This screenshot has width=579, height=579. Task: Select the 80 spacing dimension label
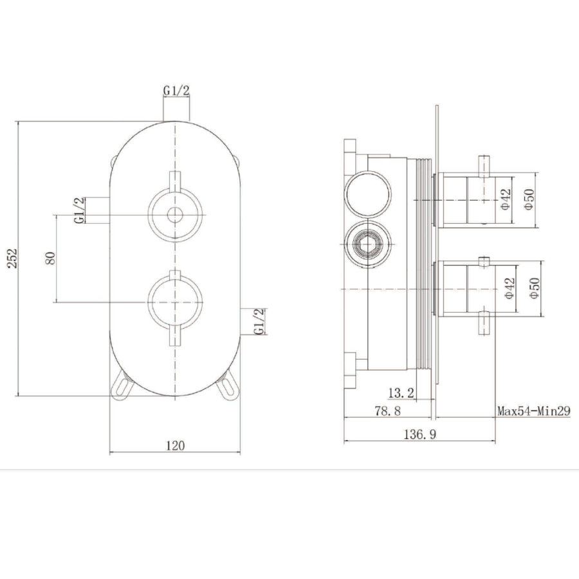tap(51, 257)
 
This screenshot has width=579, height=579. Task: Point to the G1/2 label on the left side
tap(78, 210)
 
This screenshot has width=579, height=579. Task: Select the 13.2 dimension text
tap(401, 392)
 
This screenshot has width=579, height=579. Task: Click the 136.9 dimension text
tap(419, 434)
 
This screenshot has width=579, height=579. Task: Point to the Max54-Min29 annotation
tap(533, 410)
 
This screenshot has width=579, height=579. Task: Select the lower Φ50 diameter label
tap(533, 287)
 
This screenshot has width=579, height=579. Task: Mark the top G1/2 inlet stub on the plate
tap(176, 109)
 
